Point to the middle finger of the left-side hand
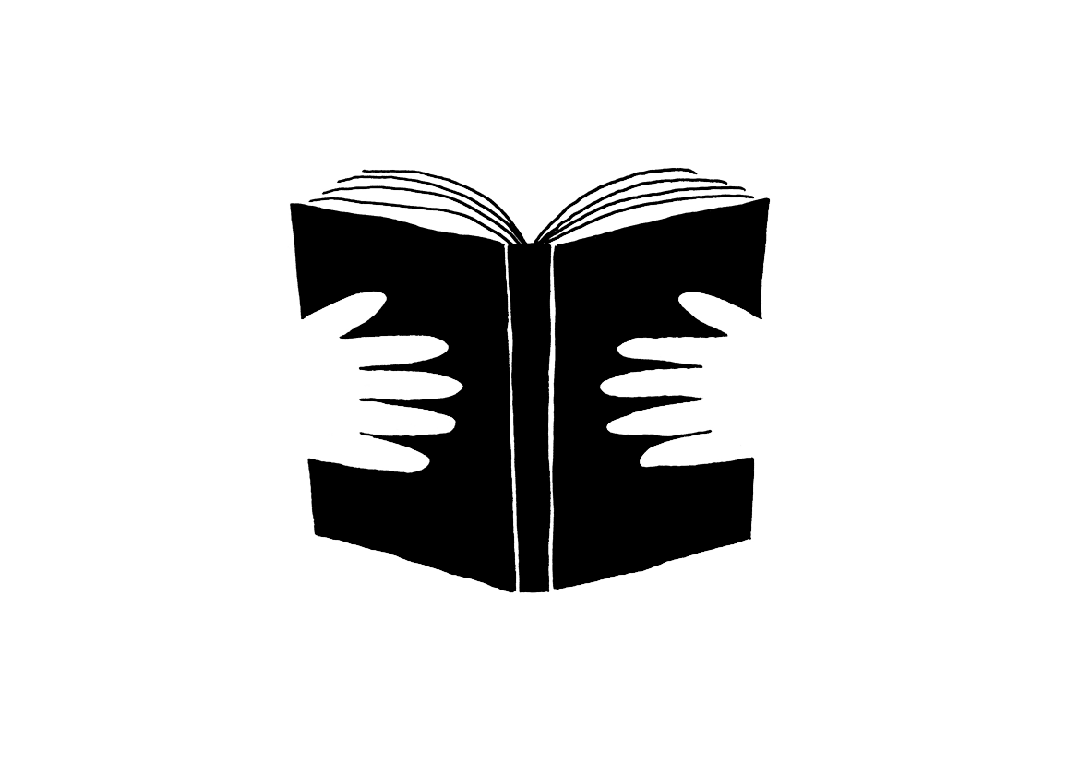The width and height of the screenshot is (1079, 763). (x=420, y=384)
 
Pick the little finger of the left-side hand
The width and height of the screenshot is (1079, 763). (x=392, y=459)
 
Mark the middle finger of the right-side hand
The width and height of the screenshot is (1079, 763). (x=646, y=384)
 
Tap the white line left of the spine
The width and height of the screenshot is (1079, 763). (x=512, y=415)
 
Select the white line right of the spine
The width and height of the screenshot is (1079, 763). (x=552, y=415)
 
